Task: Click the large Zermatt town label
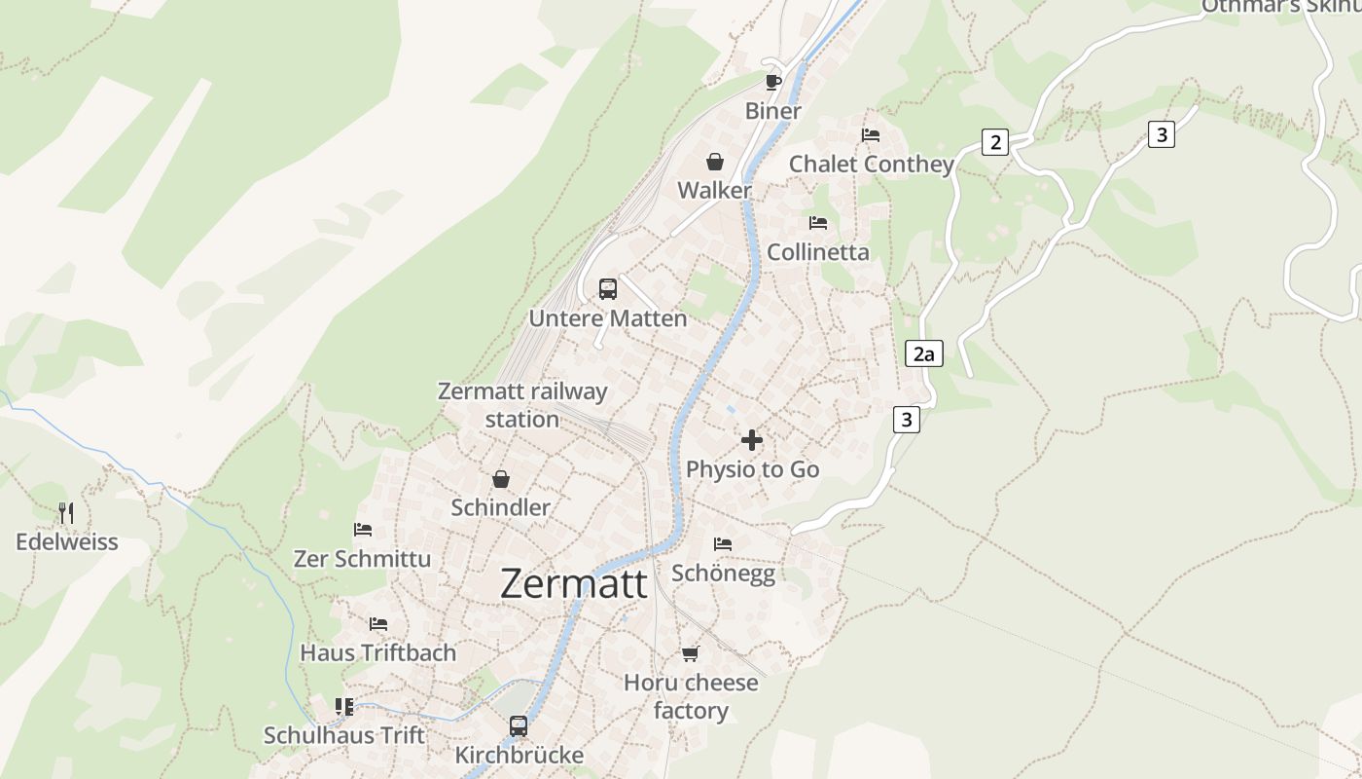click(x=574, y=583)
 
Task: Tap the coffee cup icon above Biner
click(x=773, y=81)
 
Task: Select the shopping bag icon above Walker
click(x=715, y=162)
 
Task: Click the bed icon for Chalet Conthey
click(x=871, y=135)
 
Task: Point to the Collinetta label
click(x=818, y=252)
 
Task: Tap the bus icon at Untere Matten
click(x=608, y=289)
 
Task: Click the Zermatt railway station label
click(x=522, y=405)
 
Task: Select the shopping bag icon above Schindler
click(x=501, y=479)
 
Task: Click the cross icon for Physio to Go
click(x=752, y=440)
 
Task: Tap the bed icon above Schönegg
click(x=723, y=543)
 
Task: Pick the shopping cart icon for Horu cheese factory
click(x=691, y=653)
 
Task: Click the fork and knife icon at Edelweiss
click(x=66, y=513)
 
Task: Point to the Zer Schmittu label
click(x=362, y=559)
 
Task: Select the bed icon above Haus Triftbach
click(x=378, y=623)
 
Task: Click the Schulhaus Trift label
click(x=344, y=735)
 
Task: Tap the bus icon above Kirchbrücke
click(x=519, y=726)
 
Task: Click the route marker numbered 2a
click(x=923, y=353)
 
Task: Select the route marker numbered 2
click(x=994, y=142)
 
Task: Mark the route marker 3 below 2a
click(x=907, y=420)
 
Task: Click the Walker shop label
click(x=715, y=190)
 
